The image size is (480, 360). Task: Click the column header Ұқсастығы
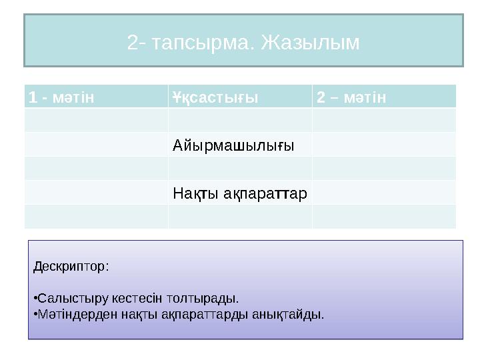215,97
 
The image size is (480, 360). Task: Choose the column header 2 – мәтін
351,97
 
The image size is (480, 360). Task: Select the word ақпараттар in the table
263,194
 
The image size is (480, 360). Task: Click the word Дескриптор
70,267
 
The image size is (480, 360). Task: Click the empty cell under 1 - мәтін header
96,120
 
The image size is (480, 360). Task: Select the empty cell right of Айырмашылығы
383,145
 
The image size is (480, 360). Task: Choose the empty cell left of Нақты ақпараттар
96,194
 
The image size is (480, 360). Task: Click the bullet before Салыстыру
34,297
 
